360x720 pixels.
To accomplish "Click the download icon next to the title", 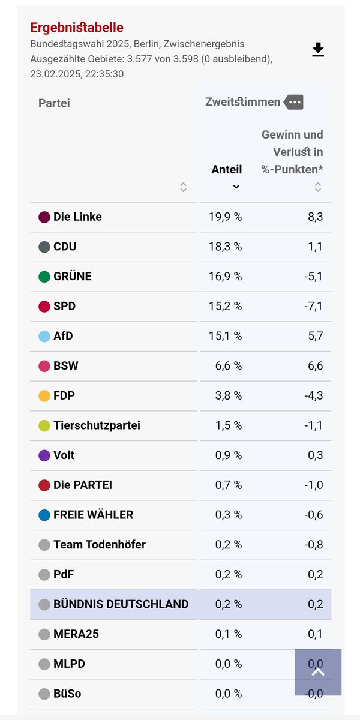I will click(318, 50).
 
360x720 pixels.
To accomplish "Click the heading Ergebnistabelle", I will click(77, 28).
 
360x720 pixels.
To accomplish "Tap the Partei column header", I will click(54, 103).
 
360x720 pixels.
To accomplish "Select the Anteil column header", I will click(226, 170).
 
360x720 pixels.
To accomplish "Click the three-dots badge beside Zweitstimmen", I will click(293, 102).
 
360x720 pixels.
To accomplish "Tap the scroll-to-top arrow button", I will click(318, 672).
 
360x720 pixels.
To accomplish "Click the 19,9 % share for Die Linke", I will click(225, 217).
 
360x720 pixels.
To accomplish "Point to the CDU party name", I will click(65, 247).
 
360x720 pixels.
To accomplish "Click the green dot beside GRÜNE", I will click(44, 277).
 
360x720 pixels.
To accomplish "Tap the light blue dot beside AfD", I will click(44, 336).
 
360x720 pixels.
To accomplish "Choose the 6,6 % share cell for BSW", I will click(229, 366).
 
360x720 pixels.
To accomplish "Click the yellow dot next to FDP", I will click(44, 396).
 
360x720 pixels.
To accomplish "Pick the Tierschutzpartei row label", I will click(97, 425).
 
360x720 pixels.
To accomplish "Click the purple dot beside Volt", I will click(44, 455).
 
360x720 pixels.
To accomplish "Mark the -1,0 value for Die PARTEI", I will click(313, 485).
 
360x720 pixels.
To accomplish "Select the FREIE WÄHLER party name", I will click(93, 515).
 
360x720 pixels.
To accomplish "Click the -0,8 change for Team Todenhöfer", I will click(313, 545).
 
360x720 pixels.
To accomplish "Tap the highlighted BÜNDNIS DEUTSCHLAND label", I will click(121, 604).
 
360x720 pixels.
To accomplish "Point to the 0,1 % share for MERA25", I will click(229, 634).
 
